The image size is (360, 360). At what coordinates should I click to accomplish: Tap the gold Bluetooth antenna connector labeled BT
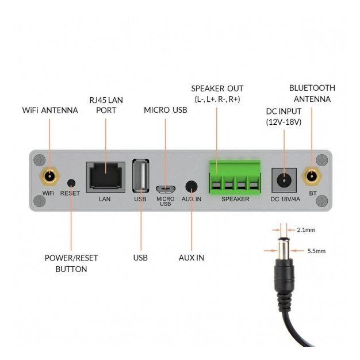[x=311, y=176]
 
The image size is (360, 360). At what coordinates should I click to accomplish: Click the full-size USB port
[x=140, y=175]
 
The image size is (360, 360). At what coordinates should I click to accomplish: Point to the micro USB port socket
[x=165, y=188]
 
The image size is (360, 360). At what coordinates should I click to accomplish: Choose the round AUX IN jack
[x=191, y=186]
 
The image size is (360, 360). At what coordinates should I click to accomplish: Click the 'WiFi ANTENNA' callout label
[x=50, y=110]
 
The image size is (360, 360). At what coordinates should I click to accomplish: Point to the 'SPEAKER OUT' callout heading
[x=217, y=89]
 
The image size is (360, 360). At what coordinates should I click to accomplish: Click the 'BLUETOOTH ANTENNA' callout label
[x=312, y=93]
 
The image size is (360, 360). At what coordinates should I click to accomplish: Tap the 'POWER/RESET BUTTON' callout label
[x=71, y=263]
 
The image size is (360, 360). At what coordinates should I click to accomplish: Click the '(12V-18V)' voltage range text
[x=284, y=122]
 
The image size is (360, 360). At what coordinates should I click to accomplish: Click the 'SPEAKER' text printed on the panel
[x=235, y=199]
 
